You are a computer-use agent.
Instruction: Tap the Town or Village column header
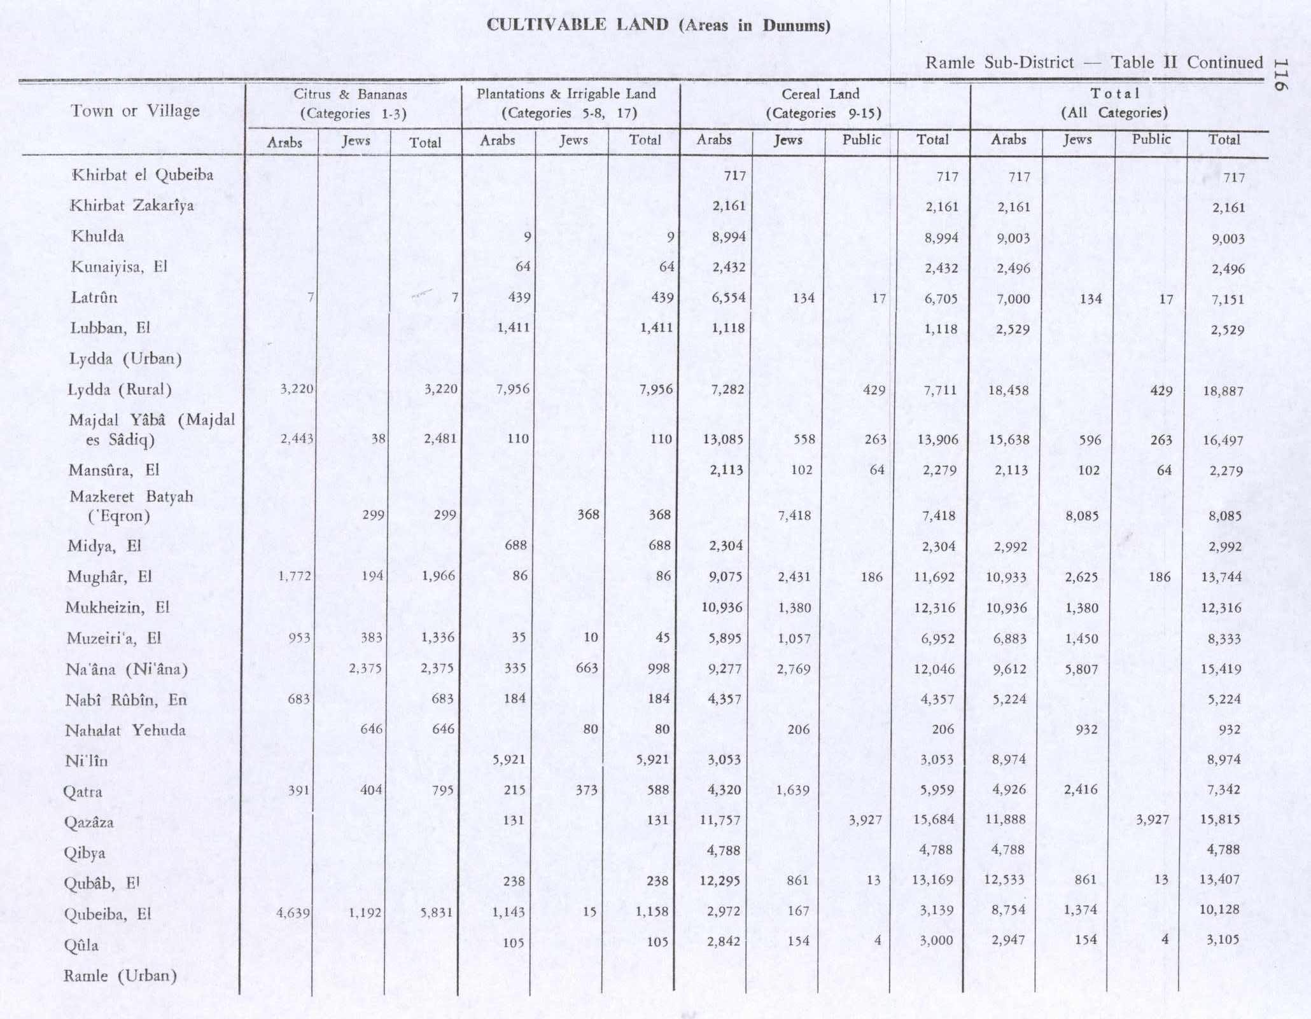[135, 111]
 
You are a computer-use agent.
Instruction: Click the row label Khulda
[97, 236]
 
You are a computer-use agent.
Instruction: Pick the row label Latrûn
[94, 297]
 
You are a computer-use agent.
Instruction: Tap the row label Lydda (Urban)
[125, 359]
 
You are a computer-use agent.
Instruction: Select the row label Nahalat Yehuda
[125, 730]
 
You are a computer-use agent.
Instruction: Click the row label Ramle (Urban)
[120, 976]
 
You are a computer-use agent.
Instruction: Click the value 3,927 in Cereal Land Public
[865, 820]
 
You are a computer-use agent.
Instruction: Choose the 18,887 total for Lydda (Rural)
[1223, 391]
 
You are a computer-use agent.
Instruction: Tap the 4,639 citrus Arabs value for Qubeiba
[293, 913]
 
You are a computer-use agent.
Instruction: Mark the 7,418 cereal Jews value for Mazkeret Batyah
[794, 515]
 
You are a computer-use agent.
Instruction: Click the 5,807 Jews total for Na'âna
[1081, 669]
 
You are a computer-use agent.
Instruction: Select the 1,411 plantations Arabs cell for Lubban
[513, 328]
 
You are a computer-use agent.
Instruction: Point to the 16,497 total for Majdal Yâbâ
[1223, 440]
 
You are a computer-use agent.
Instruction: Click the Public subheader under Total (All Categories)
[1151, 139]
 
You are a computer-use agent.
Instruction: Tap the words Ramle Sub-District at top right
[999, 62]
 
